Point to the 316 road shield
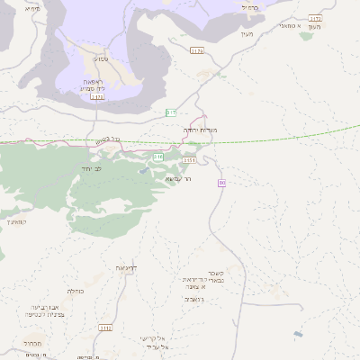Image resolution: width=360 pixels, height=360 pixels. click(158, 157)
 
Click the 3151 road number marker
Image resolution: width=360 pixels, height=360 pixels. click(189, 159)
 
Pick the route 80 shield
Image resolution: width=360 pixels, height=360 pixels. click(221, 184)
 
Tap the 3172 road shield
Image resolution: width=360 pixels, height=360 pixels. click(315, 18)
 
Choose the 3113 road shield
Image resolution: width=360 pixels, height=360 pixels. click(97, 97)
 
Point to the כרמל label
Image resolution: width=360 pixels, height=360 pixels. click(249, 6)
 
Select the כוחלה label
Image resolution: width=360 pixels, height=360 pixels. click(76, 292)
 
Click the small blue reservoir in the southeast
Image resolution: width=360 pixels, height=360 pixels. click(298, 334)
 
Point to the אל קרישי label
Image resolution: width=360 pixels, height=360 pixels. click(154, 338)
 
